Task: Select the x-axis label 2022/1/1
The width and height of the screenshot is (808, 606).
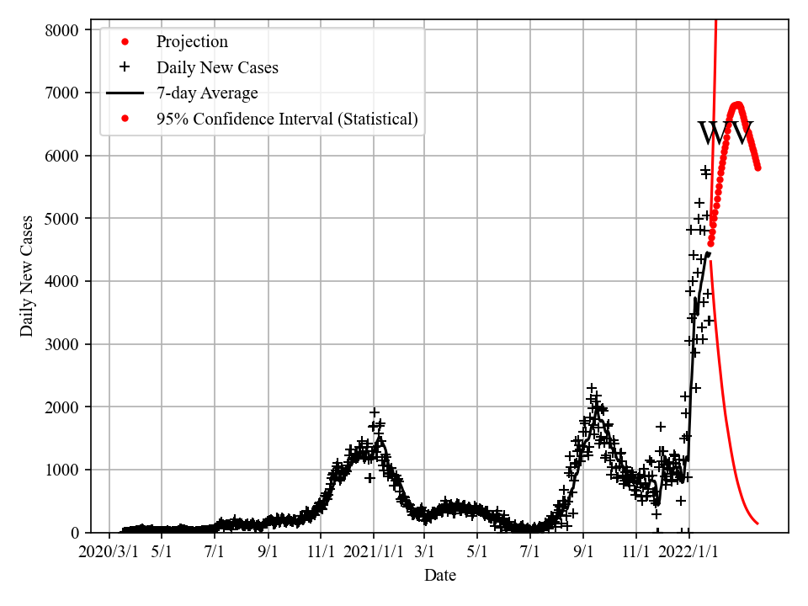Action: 688,552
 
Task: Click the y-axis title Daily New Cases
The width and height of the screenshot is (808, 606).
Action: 27,276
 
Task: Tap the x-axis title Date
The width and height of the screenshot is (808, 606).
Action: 440,576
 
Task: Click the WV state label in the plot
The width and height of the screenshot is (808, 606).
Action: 726,133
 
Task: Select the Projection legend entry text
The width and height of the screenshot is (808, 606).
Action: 192,41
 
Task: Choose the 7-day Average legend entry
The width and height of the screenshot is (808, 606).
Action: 207,93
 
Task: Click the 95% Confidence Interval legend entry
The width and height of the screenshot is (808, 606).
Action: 287,119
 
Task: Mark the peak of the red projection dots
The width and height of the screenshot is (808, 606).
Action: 737,105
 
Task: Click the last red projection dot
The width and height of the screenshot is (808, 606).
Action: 757,167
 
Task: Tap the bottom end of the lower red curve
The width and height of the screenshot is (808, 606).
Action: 757,524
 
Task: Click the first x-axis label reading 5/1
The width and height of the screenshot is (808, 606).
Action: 162,552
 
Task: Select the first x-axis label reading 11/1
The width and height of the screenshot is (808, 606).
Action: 321,552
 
